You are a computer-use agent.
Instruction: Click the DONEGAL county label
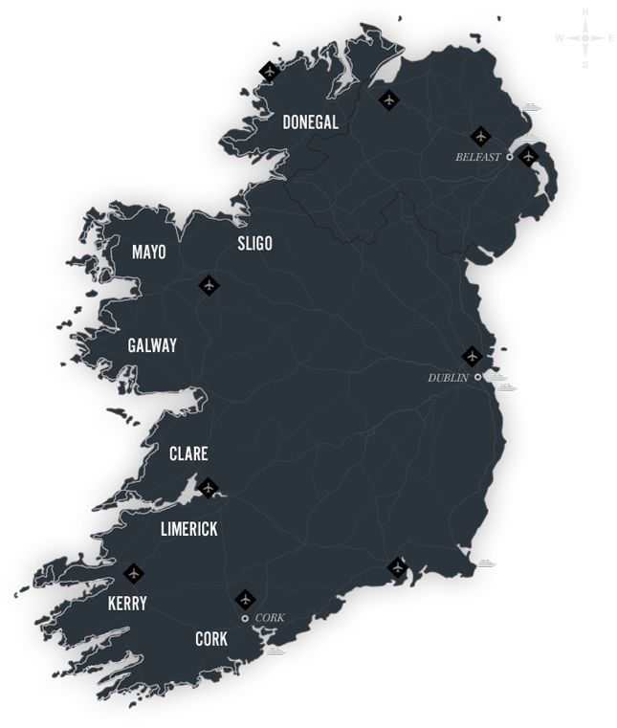311,122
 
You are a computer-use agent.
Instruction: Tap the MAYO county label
148,253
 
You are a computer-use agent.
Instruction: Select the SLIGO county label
254,244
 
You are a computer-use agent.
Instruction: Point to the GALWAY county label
152,345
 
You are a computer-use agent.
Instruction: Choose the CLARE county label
187,453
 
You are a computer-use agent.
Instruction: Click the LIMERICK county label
188,529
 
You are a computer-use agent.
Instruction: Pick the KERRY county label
127,604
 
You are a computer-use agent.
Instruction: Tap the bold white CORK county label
210,638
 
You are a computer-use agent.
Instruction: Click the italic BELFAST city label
477,157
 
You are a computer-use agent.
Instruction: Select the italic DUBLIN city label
448,378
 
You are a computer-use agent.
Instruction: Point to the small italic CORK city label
271,618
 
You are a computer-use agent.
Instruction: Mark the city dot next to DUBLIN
477,377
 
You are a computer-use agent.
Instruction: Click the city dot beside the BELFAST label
510,156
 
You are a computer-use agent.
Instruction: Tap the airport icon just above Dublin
471,356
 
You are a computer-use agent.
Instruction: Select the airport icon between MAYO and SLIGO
209,285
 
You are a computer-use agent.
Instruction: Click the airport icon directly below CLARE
208,487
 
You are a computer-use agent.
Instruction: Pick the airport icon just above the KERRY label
133,573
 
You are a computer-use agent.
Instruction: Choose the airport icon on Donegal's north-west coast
270,71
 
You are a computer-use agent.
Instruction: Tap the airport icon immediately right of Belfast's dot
528,156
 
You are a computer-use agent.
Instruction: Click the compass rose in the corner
585,38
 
